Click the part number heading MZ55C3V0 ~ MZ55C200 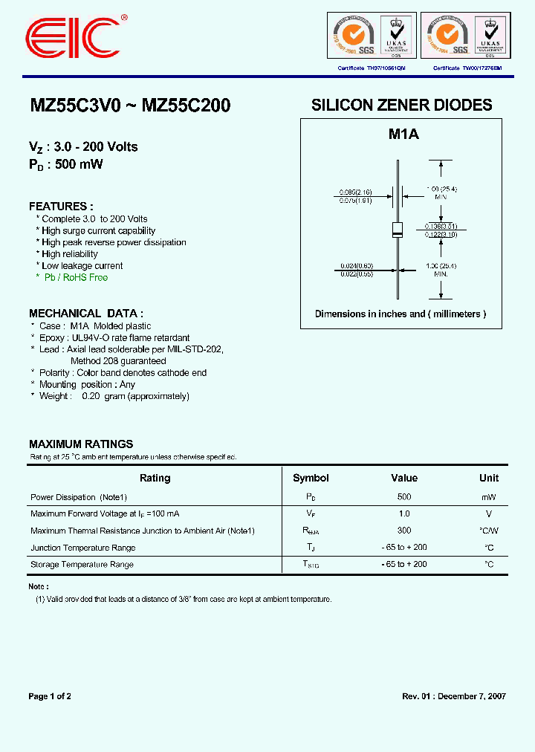click(130, 106)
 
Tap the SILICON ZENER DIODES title click(401, 106)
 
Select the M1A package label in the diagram click(404, 134)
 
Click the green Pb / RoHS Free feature click(74, 278)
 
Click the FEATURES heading click(61, 207)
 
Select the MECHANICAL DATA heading click(86, 314)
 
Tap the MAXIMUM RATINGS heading click(81, 444)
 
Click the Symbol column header click(311, 478)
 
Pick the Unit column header click(489, 478)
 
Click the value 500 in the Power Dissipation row click(404, 496)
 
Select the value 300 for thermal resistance click(404, 531)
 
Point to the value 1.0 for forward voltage click(404, 513)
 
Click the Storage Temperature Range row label click(82, 565)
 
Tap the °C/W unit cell click(489, 531)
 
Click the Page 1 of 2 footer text click(50, 696)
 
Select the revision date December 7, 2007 click(471, 696)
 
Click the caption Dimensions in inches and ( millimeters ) click(401, 314)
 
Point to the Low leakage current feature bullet click(82, 266)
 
